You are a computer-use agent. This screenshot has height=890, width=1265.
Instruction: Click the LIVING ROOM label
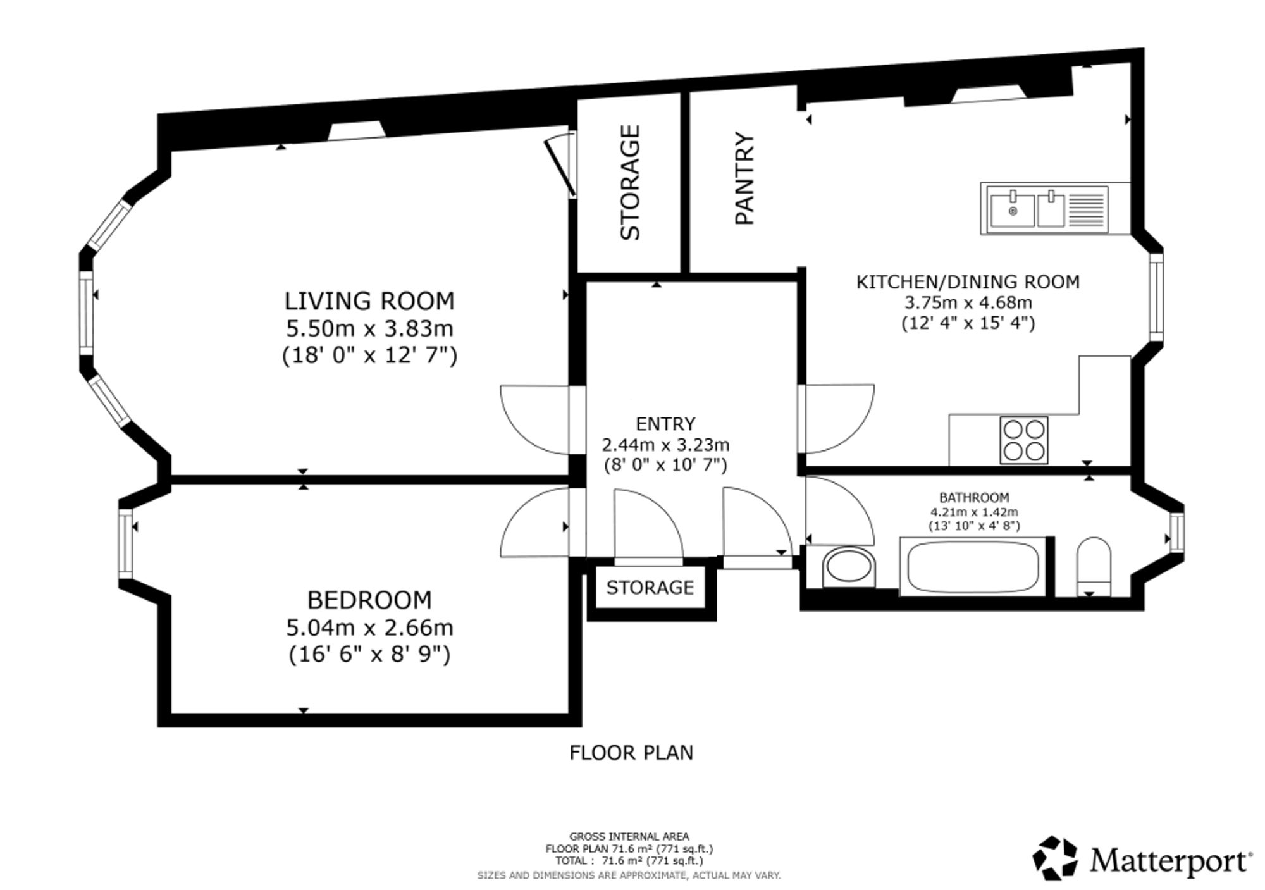[369, 301]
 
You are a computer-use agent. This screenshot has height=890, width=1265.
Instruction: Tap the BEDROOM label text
[369, 600]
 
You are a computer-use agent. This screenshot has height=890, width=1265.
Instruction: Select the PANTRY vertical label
[744, 178]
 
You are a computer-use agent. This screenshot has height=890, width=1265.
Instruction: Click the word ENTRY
[665, 423]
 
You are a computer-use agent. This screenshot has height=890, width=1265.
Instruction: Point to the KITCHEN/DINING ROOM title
[968, 281]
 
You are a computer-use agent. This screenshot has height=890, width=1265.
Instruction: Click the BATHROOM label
[974, 498]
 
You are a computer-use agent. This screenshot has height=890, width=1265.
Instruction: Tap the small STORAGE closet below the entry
[650, 588]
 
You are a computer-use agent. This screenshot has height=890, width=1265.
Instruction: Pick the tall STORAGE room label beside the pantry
[630, 182]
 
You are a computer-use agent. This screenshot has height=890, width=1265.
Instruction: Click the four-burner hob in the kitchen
[1024, 440]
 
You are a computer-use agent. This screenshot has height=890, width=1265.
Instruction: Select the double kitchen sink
[1044, 209]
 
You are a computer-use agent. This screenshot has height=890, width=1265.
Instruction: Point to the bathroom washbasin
[849, 566]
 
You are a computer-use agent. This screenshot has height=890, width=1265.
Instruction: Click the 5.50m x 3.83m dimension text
[370, 329]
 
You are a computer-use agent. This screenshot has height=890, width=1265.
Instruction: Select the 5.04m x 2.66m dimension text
[370, 627]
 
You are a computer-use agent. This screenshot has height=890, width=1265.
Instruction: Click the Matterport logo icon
[1055, 858]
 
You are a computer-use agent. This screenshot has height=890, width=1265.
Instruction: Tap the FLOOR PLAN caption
[631, 753]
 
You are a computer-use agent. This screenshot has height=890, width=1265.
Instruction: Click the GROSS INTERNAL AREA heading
[629, 837]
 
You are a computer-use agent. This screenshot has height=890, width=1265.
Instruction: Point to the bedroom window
[125, 543]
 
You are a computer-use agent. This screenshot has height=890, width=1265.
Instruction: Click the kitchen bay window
[1156, 297]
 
